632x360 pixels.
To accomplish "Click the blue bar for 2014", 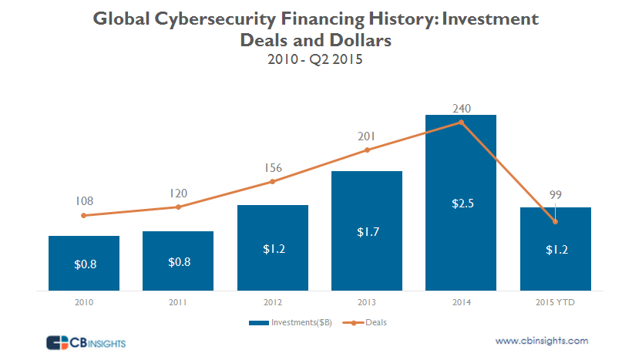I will click(461, 231).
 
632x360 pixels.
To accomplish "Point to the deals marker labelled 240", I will click(461, 122).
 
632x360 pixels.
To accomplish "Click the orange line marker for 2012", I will click(273, 182).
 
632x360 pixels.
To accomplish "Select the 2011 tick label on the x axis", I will click(178, 303).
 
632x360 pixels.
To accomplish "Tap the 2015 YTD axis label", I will click(555, 303).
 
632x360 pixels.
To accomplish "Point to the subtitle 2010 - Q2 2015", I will click(315, 59).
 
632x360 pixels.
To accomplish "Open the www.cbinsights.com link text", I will click(542, 340).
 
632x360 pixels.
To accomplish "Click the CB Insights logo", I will click(85, 341).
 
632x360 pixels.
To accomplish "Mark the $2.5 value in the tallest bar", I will click(461, 204).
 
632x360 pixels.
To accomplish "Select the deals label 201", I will click(367, 136).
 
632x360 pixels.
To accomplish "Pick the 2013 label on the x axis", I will click(367, 303).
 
